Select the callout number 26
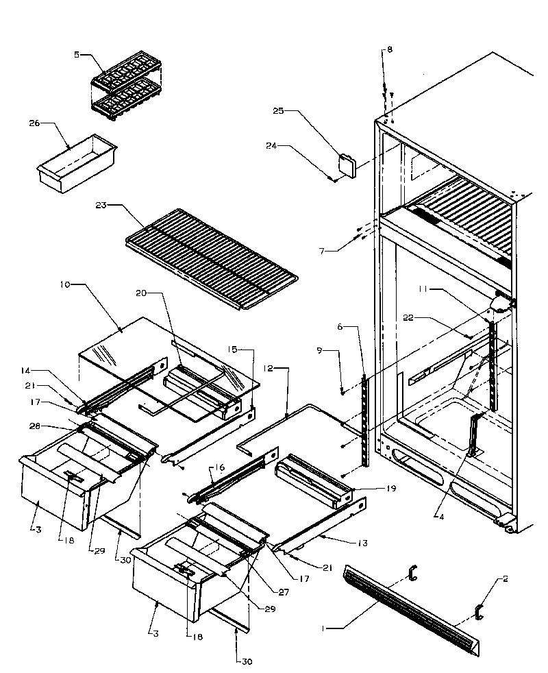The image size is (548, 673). point(35,124)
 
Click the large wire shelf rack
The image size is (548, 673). point(212,258)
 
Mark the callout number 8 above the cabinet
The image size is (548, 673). point(389,50)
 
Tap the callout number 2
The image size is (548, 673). point(505,579)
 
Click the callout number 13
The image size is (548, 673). point(362,543)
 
